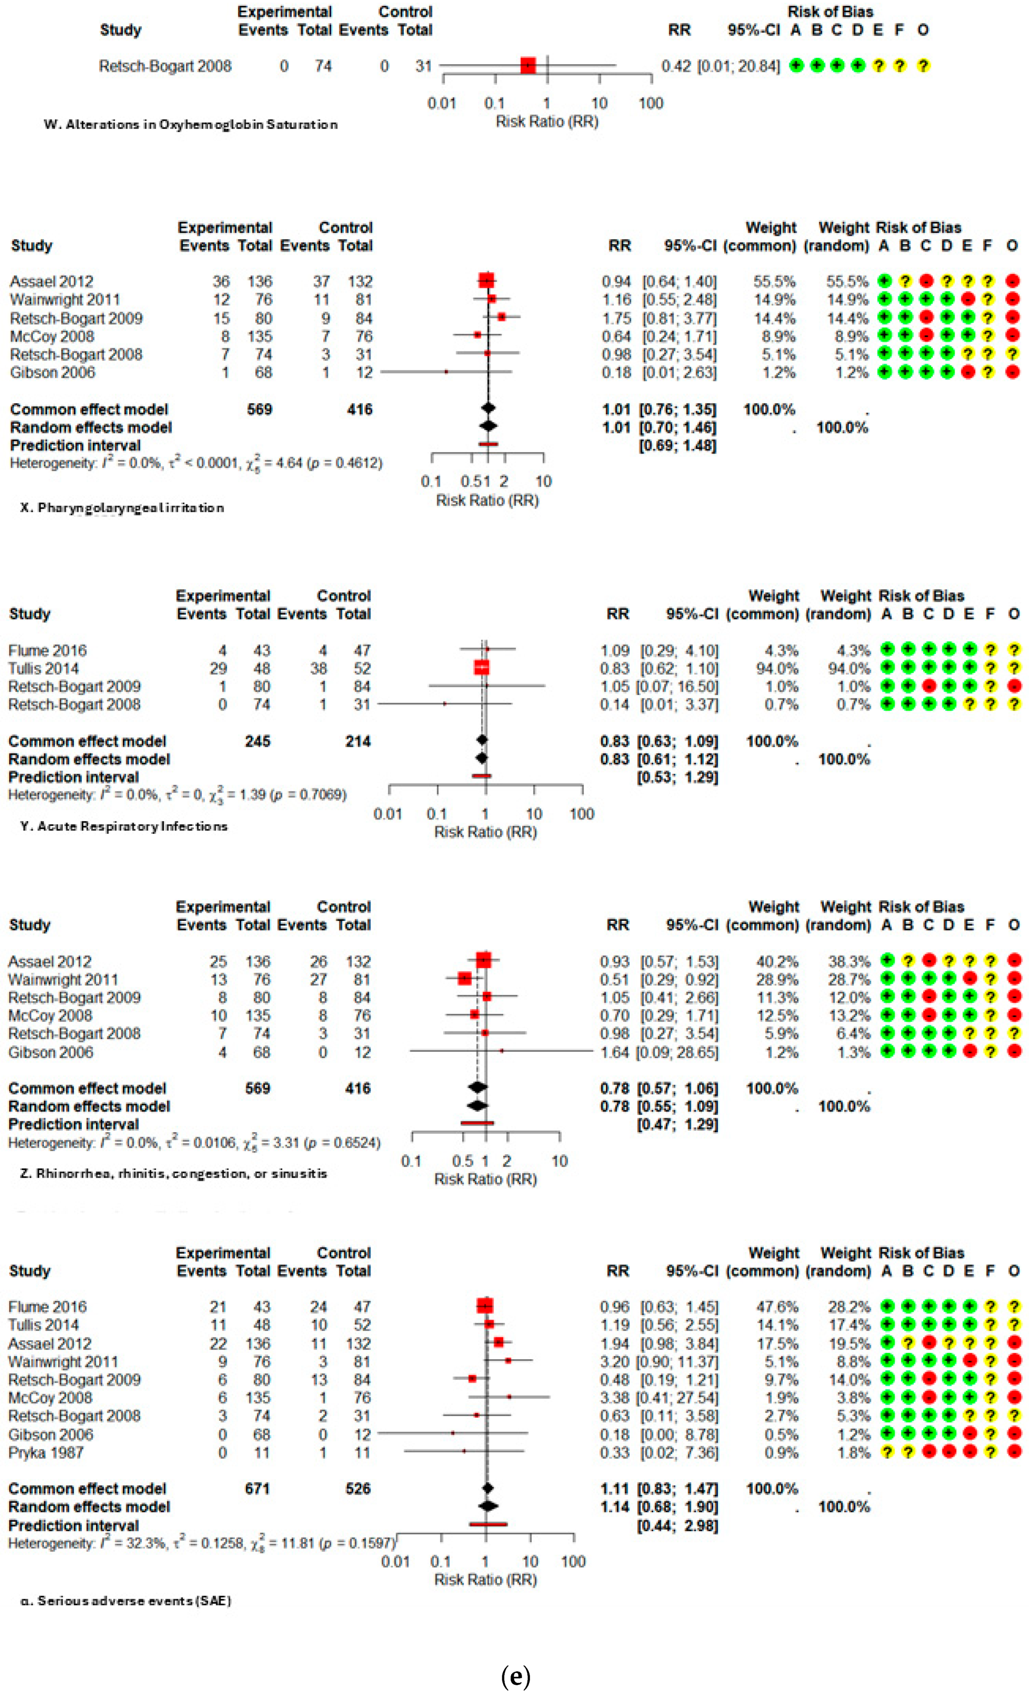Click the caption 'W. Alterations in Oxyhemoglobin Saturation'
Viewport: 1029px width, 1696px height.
tap(191, 125)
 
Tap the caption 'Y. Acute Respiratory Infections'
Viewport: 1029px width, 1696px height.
tap(124, 826)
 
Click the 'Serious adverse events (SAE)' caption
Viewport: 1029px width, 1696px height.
tap(126, 1600)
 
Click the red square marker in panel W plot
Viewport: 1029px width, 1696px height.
tap(528, 66)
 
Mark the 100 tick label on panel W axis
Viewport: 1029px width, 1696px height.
tap(650, 103)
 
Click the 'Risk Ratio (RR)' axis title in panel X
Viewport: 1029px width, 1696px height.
tap(487, 500)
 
